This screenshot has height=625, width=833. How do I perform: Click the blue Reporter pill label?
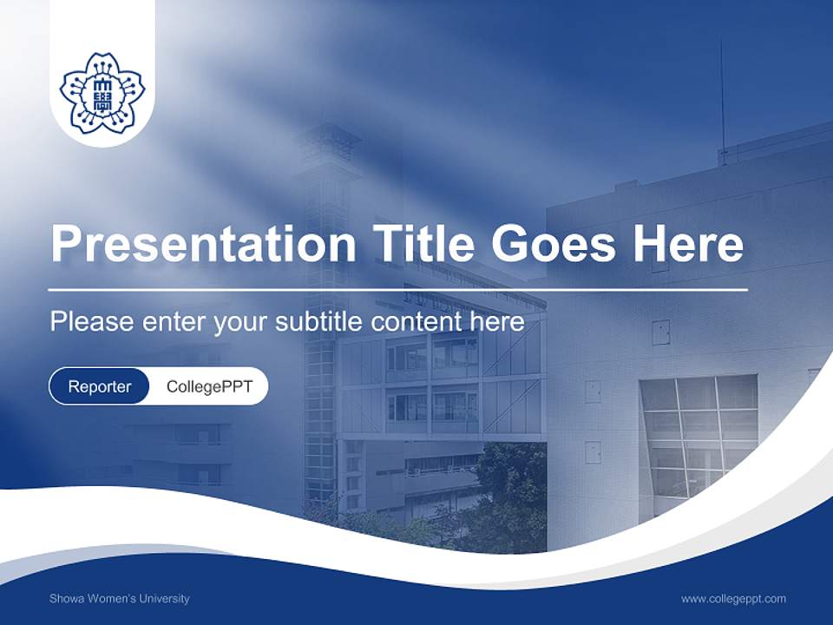point(99,386)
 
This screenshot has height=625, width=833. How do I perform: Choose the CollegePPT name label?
point(209,386)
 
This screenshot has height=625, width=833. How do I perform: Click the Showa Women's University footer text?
point(119,598)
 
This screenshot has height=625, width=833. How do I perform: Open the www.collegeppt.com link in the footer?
point(733,598)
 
